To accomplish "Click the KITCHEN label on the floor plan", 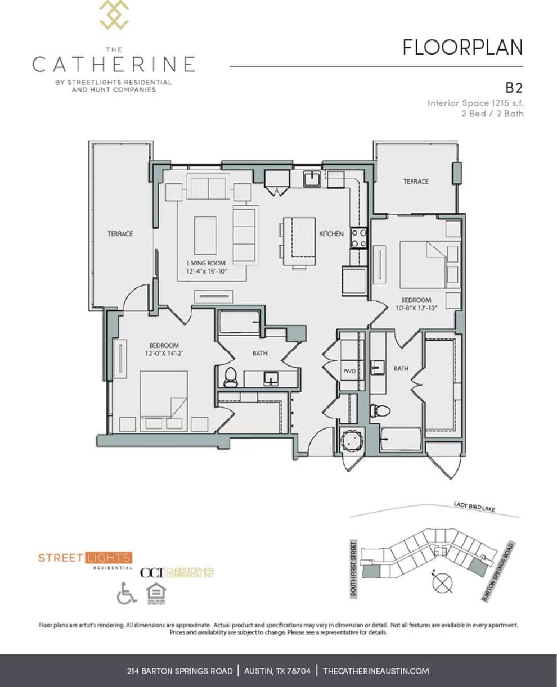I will (331, 233).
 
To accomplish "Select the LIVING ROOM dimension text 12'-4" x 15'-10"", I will (206, 272).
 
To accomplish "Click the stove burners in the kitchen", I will (359, 238).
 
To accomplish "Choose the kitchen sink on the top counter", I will (311, 179).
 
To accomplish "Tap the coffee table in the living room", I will (205, 235).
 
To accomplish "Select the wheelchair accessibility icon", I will (127, 594).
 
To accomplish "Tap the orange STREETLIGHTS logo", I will (85, 558).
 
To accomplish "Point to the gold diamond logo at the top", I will (114, 15).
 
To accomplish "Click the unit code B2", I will (514, 88).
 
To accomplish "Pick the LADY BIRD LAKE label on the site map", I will (474, 508).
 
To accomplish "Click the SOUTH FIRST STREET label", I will (354, 568).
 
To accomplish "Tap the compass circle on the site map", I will (442, 582).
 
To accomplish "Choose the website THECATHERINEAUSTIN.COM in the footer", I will (376, 671).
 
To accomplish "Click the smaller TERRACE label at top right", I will (415, 182).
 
